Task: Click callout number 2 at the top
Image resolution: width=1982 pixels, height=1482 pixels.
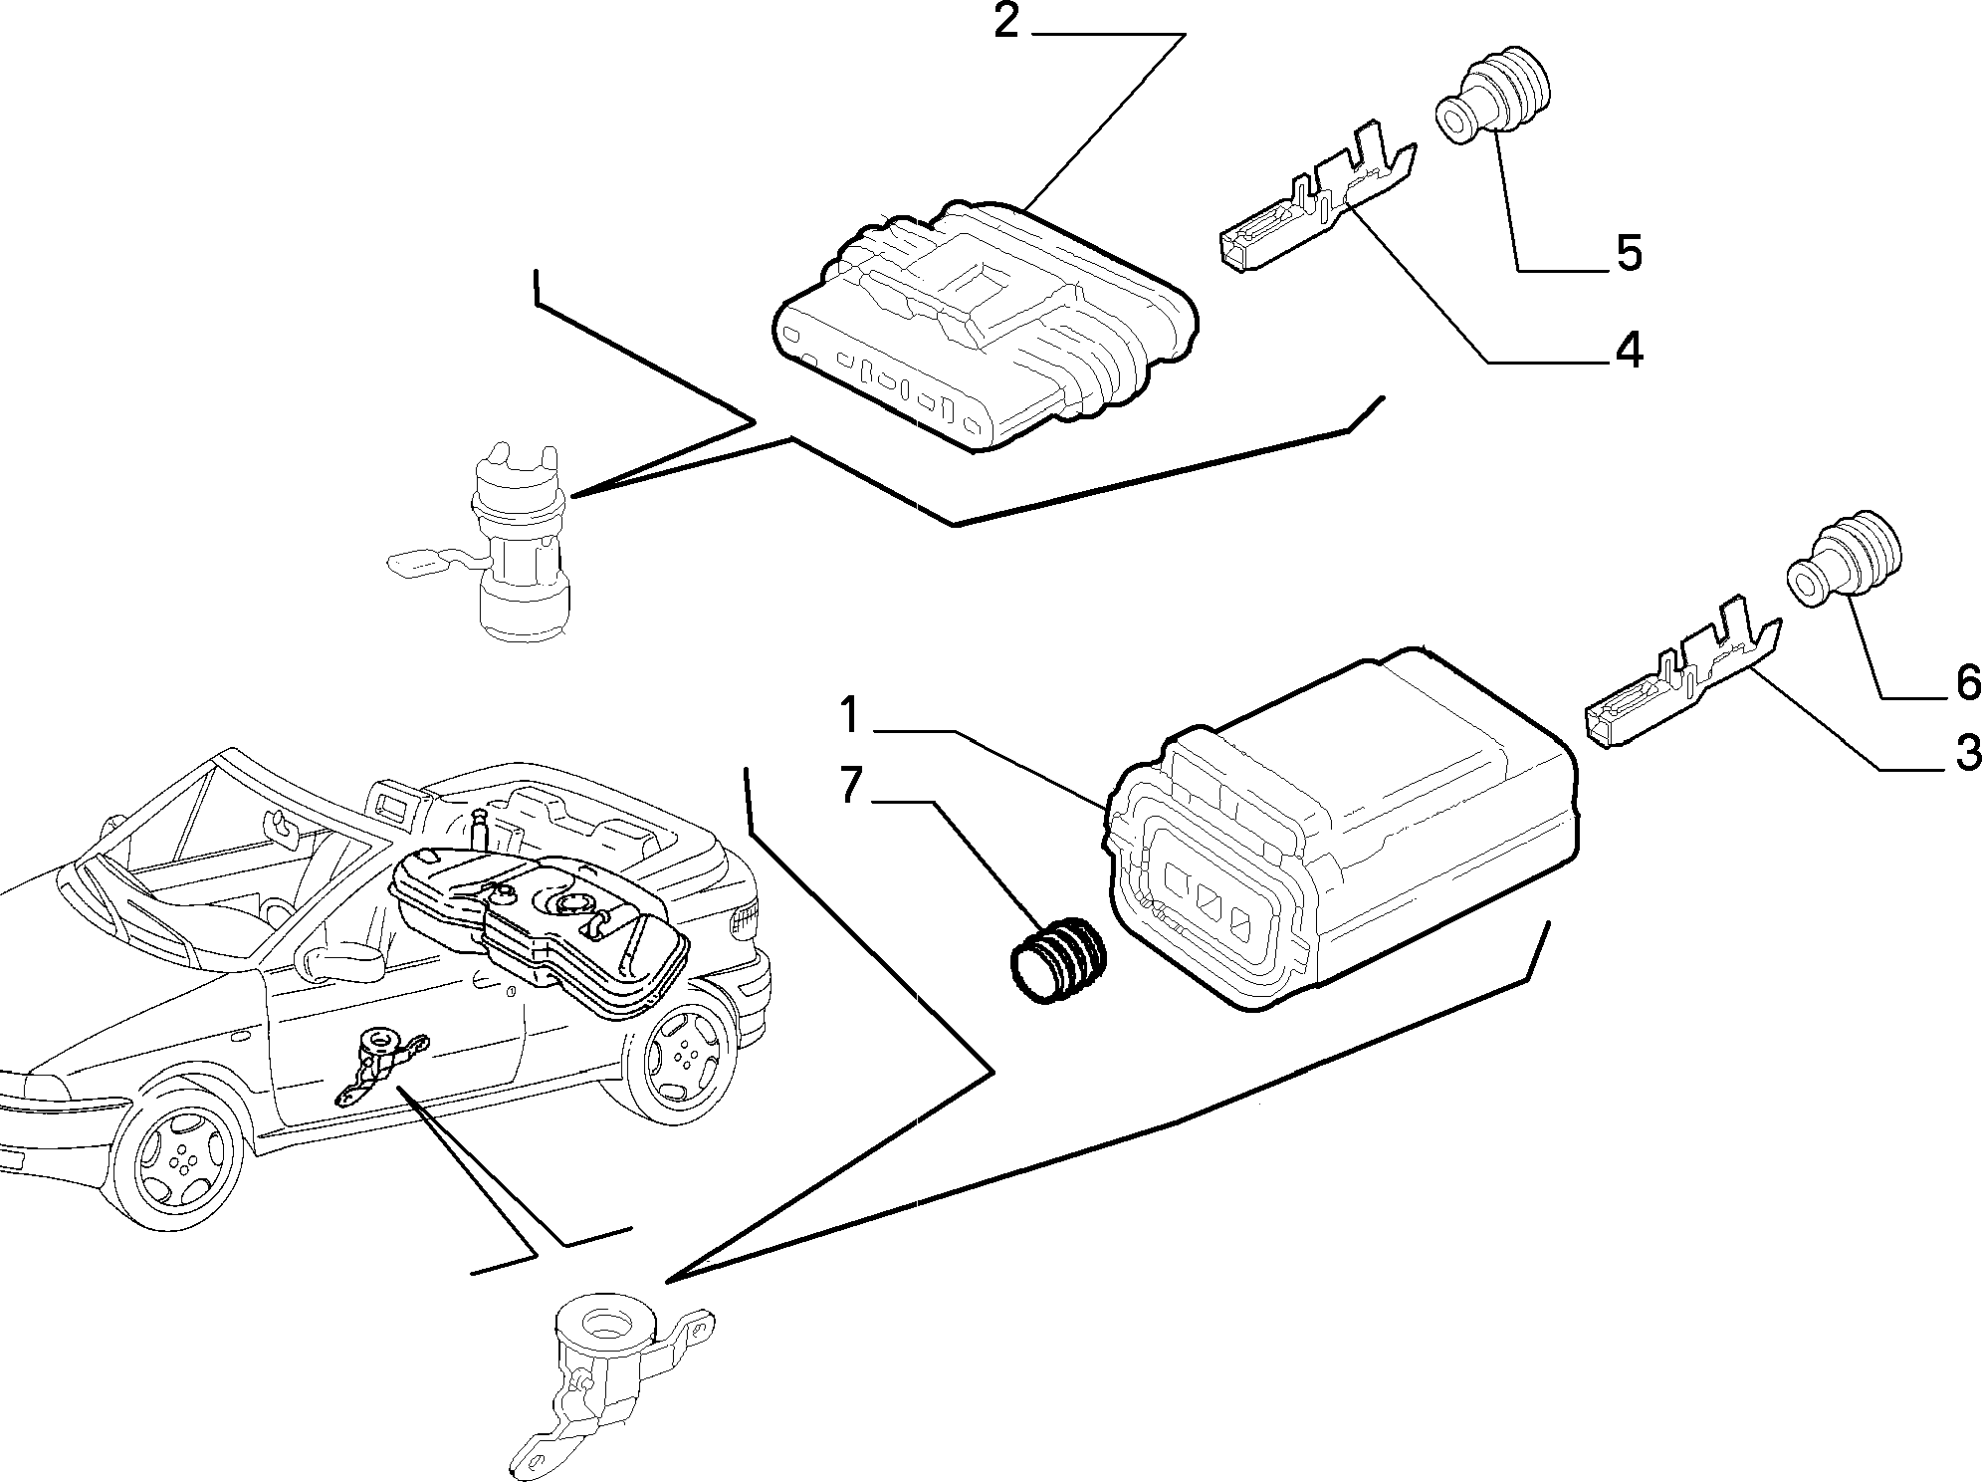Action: pos(1006,21)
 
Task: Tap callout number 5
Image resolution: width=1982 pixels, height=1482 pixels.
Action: pos(1629,253)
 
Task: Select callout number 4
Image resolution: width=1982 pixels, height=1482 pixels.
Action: pos(1628,351)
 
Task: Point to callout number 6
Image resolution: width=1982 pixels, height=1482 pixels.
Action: pos(1967,683)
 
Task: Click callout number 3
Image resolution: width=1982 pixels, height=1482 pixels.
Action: pos(1967,754)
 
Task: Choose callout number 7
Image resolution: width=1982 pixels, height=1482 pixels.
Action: pos(849,786)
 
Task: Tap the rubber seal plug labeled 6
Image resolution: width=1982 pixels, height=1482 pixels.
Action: pos(1844,563)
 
